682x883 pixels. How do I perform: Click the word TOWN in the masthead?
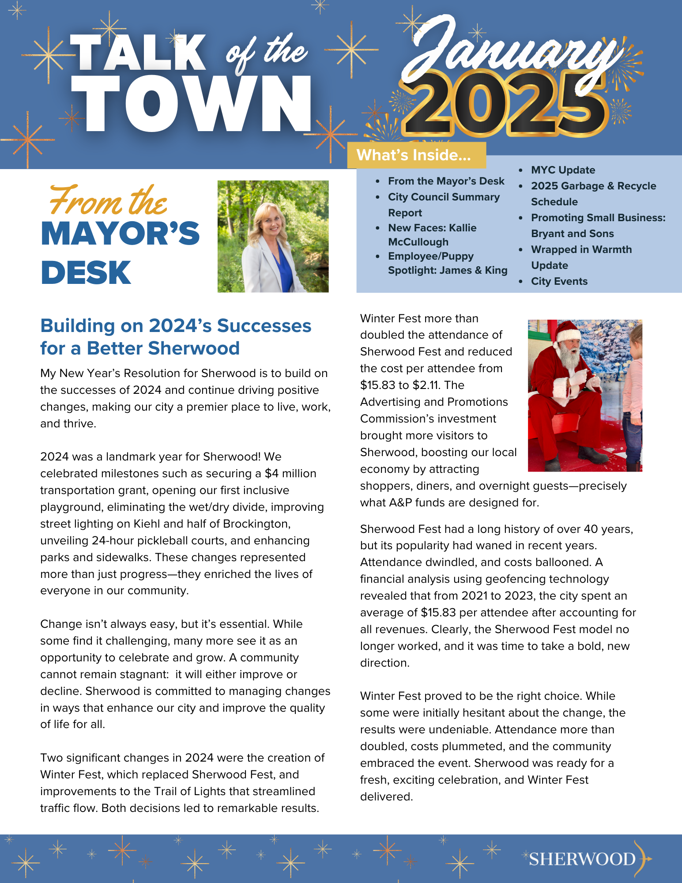(191, 104)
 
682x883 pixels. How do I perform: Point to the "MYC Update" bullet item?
(563, 170)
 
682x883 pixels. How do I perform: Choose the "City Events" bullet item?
(559, 281)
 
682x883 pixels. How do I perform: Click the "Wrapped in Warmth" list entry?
(581, 249)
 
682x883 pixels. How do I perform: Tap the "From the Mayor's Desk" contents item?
(446, 181)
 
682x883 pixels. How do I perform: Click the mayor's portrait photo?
(273, 236)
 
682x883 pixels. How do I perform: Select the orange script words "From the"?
(108, 201)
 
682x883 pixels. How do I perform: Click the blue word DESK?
(86, 272)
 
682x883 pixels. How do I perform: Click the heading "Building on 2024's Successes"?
(176, 326)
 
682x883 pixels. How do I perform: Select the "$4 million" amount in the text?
(290, 473)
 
